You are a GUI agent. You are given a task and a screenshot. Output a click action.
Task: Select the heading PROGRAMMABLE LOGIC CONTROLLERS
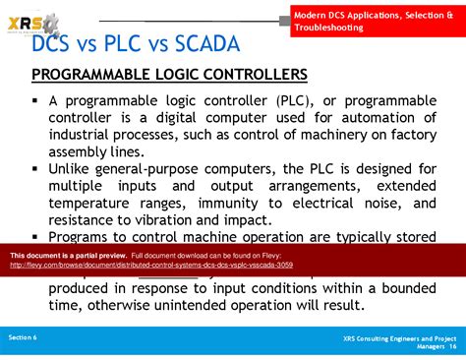coord(169,75)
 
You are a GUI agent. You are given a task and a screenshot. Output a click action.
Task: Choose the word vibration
coord(174,220)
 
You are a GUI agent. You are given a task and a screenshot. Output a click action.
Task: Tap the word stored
coord(412,237)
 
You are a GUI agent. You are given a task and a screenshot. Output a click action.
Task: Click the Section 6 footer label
coord(23,336)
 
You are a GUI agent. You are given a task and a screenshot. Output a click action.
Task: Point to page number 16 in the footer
coord(452,346)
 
